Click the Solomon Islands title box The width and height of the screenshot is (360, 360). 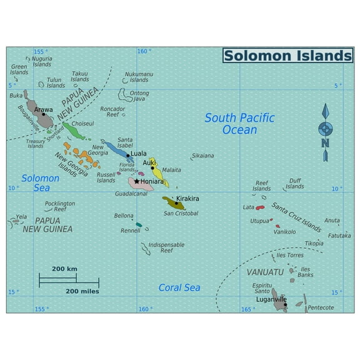(x=287, y=56)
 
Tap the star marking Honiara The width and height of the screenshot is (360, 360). (x=137, y=181)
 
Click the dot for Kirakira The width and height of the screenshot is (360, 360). (x=176, y=203)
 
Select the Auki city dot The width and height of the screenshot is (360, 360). (x=152, y=167)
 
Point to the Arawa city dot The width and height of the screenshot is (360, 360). (x=43, y=114)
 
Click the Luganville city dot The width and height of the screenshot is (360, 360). (x=285, y=304)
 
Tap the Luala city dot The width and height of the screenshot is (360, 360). (x=128, y=156)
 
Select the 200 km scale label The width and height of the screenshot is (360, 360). (x=64, y=269)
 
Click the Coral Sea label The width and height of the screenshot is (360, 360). (x=179, y=287)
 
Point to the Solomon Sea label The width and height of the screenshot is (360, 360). (x=41, y=182)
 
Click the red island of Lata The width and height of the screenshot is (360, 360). (x=260, y=207)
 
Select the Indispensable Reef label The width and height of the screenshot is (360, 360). (x=166, y=247)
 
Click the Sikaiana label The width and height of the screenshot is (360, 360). (x=202, y=156)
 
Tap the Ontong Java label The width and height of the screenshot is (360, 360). (x=139, y=96)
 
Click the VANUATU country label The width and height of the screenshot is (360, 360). (x=265, y=272)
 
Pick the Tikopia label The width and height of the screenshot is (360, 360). (x=314, y=243)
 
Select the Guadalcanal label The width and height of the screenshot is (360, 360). (x=131, y=194)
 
